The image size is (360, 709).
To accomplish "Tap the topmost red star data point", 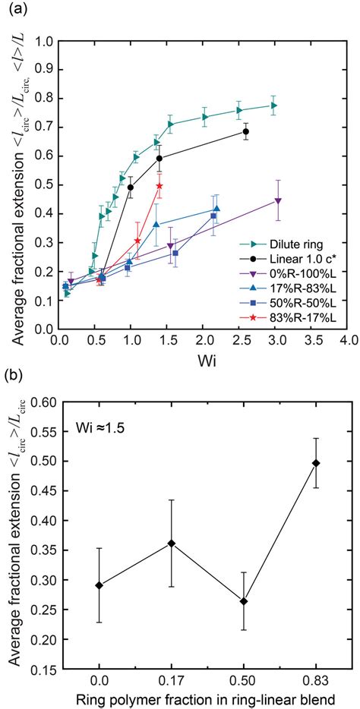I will (159, 186).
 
